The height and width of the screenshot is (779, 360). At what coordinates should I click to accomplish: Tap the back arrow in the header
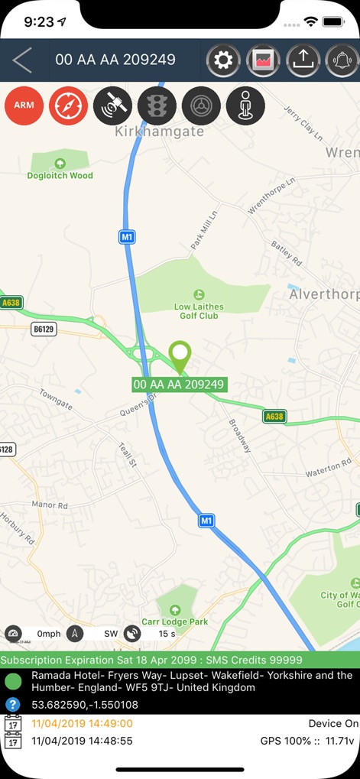pos(22,60)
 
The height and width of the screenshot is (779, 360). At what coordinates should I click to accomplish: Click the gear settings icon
pos(223,60)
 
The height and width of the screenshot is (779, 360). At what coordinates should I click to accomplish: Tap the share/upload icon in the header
pos(303,60)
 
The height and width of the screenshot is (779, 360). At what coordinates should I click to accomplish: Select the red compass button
pos(68,105)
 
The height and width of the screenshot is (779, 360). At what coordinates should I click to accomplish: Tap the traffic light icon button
pos(157,105)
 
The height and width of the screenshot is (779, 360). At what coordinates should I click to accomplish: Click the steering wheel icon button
pos(201,105)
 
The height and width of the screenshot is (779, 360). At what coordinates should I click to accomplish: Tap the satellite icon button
pos(112,105)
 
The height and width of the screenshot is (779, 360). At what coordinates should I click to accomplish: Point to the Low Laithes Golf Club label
pos(199,310)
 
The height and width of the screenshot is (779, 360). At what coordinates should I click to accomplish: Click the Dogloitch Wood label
pos(60,175)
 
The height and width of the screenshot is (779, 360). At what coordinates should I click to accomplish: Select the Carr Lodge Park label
pos(175,622)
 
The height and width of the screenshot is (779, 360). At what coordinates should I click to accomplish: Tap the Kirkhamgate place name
pos(160,131)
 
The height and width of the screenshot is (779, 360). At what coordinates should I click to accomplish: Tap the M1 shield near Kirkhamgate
pos(127,237)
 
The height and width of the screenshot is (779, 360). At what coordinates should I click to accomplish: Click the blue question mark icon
pos(12,704)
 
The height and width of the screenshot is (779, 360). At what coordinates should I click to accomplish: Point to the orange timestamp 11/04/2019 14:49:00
pos(82,724)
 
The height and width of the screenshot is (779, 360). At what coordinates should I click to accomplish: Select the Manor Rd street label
pos(50,505)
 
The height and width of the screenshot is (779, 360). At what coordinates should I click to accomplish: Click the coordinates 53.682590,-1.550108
pos(85,705)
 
